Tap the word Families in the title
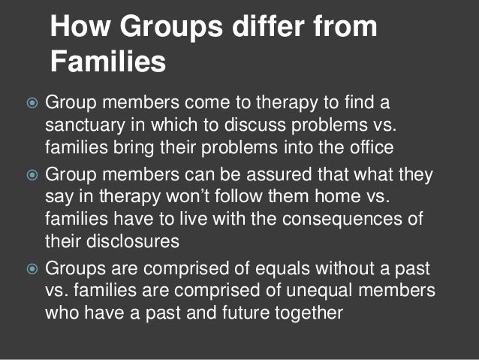108,63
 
